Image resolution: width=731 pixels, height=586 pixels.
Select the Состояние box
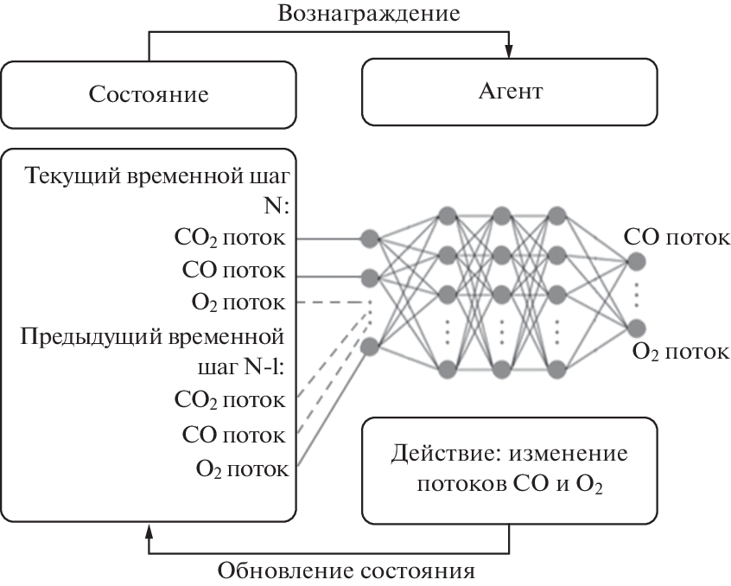[149, 93]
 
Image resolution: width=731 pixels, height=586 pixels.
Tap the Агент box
[510, 92]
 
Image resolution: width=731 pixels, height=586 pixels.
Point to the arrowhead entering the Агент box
[510, 52]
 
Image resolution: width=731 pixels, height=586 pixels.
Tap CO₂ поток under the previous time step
[230, 399]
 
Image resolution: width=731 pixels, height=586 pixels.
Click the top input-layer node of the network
[370, 238]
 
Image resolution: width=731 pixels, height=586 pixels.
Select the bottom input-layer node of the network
[370, 347]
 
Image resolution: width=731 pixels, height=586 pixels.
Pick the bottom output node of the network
[637, 327]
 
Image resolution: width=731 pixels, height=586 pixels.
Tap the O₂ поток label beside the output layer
[681, 351]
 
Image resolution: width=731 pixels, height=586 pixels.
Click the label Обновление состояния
[346, 571]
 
